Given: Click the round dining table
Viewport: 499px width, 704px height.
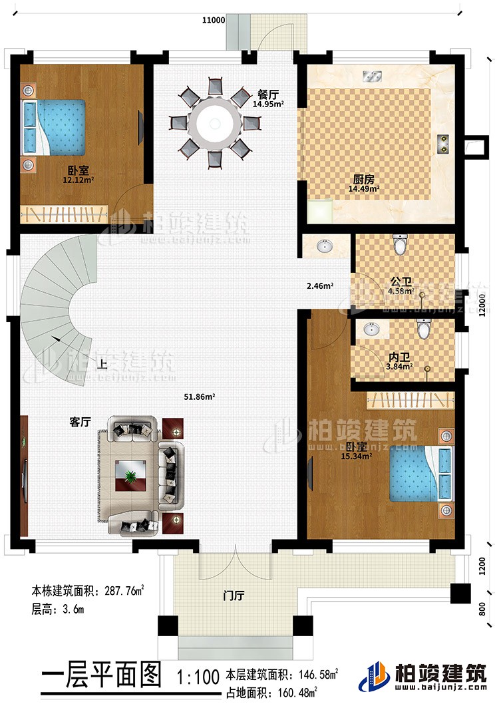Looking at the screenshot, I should [x=214, y=122].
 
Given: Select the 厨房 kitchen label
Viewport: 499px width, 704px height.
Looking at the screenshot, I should [x=361, y=179].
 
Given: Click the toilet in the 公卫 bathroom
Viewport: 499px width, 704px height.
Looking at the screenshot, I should [x=400, y=245].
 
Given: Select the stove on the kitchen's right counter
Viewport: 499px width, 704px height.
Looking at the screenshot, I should [x=444, y=144].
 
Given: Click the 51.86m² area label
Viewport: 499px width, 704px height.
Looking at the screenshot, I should [x=199, y=397].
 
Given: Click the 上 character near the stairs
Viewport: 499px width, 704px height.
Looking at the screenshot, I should [x=102, y=364].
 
